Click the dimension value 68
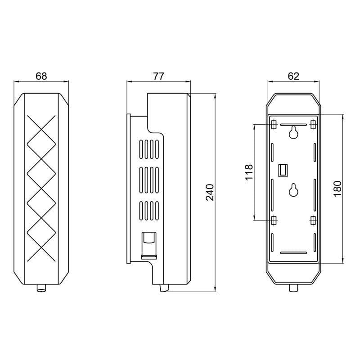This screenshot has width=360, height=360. (x=41, y=76)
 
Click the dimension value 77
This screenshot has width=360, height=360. (x=158, y=76)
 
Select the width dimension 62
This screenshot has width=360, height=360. (x=293, y=76)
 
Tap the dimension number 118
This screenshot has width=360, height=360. (x=248, y=172)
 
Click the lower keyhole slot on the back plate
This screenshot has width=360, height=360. (x=293, y=190)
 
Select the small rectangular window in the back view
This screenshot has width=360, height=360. (x=283, y=170)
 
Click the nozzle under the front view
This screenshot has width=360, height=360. (x=41, y=288)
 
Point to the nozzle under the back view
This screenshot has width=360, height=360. (x=293, y=288)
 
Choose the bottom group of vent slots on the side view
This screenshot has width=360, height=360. (x=149, y=211)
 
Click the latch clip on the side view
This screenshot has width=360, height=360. (x=148, y=245)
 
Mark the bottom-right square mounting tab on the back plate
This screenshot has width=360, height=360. (x=313, y=220)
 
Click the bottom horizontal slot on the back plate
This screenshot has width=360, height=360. (x=293, y=252)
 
